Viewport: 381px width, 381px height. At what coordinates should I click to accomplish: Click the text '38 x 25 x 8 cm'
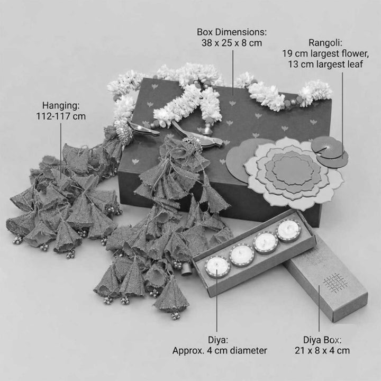coord(232,43)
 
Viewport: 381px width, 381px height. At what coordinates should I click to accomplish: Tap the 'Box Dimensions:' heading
coord(232,32)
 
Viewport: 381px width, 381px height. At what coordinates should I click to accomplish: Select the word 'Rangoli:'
coord(325,43)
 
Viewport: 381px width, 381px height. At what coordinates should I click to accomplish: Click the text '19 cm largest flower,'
coord(325,53)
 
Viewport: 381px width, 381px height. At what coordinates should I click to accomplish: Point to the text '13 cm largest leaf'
coord(325,65)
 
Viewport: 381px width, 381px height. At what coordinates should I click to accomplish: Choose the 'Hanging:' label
coord(61,106)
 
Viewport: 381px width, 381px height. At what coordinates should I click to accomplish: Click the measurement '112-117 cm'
coord(61,116)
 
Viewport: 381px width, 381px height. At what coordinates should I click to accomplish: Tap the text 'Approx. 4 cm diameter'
coord(220,351)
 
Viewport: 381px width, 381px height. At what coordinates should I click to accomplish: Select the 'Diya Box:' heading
coord(322,340)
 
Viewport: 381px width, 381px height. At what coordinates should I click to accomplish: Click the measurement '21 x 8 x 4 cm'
coord(322,351)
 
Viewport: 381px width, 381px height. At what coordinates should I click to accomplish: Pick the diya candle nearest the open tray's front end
coord(217,267)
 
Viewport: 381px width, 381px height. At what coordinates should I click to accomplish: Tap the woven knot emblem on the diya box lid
coord(335,283)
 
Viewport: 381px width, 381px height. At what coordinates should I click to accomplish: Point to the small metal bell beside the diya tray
coord(186,270)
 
